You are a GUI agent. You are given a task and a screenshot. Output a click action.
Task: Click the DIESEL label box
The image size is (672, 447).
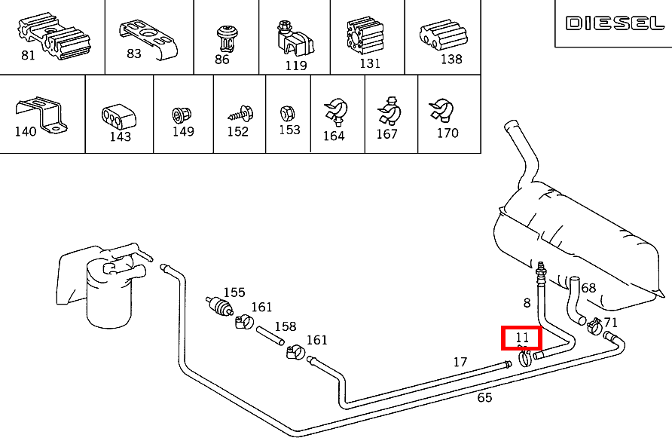coord(614,23)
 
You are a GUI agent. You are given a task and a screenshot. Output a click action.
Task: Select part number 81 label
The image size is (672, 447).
coord(28,55)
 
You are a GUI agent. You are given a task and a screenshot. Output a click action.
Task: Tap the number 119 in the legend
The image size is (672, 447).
coord(296,65)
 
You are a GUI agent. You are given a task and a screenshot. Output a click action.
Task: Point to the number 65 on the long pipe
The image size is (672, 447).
coord(484,397)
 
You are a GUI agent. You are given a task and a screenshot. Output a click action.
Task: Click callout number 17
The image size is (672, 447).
coord(460,362)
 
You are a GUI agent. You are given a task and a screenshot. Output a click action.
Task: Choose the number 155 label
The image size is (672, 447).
coord(234,292)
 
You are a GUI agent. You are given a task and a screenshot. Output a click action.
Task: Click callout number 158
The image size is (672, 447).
coord(285,327)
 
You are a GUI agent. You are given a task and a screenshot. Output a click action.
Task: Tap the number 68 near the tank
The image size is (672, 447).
coord(588,288)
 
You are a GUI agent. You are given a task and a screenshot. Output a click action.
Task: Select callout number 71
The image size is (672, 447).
coord(610,323)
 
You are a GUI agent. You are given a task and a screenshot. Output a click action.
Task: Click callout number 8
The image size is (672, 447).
coord(527,303)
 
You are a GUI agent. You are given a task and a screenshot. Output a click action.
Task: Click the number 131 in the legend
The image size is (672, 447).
coord(370,63)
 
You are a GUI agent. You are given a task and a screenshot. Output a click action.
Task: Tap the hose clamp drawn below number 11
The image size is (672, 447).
coord(525,359)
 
